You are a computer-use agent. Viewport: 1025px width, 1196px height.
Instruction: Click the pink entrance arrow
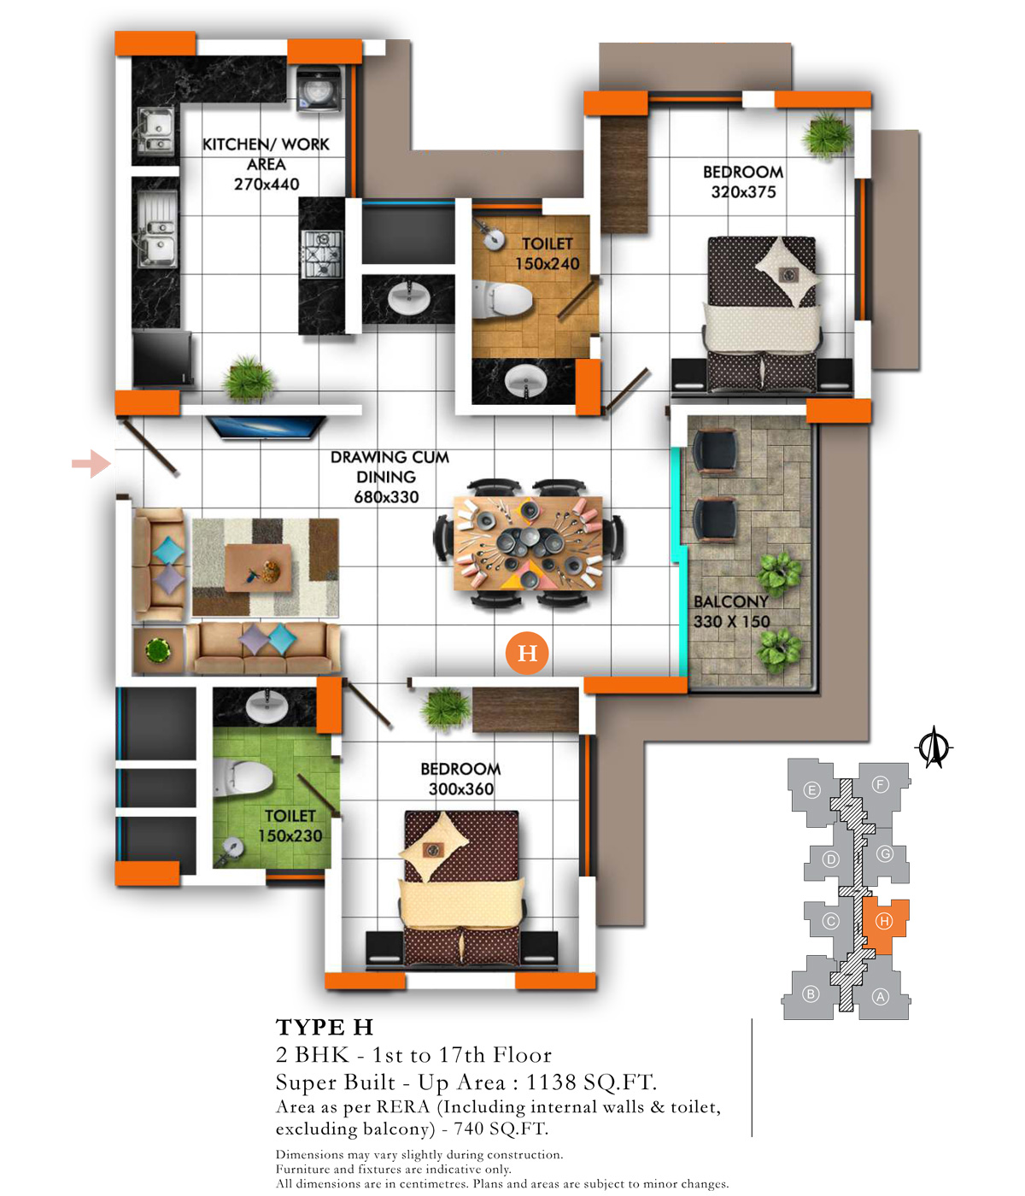[x=91, y=464]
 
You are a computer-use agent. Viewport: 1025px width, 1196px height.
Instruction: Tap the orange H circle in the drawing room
[x=526, y=653]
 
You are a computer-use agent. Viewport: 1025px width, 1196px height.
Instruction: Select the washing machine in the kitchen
[x=320, y=88]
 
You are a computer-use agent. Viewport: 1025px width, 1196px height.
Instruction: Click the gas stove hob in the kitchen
[x=322, y=254]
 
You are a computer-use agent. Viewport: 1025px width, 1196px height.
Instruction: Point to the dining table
[x=528, y=542]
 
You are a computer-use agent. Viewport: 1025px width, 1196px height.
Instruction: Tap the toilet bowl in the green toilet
[x=242, y=777]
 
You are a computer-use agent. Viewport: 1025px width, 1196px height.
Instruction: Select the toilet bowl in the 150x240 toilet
[x=501, y=298]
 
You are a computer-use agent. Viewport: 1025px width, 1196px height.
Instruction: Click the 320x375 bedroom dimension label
[x=743, y=192]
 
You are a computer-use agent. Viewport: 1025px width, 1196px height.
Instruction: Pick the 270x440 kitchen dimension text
[x=266, y=185]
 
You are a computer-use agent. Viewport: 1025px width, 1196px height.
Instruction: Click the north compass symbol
[x=933, y=747]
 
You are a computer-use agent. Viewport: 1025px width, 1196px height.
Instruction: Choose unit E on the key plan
[x=811, y=790]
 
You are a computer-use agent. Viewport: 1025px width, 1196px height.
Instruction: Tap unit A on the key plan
[x=881, y=997]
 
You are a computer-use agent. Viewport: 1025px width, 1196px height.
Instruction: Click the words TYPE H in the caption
[x=325, y=1028]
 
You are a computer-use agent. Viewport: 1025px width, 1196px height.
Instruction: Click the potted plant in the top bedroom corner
[x=827, y=135]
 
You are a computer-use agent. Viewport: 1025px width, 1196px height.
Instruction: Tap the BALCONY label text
[x=731, y=601]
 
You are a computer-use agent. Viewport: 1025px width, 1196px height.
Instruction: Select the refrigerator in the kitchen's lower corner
[x=162, y=359]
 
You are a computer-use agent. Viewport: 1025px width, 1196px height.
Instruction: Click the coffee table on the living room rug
[x=258, y=568]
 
